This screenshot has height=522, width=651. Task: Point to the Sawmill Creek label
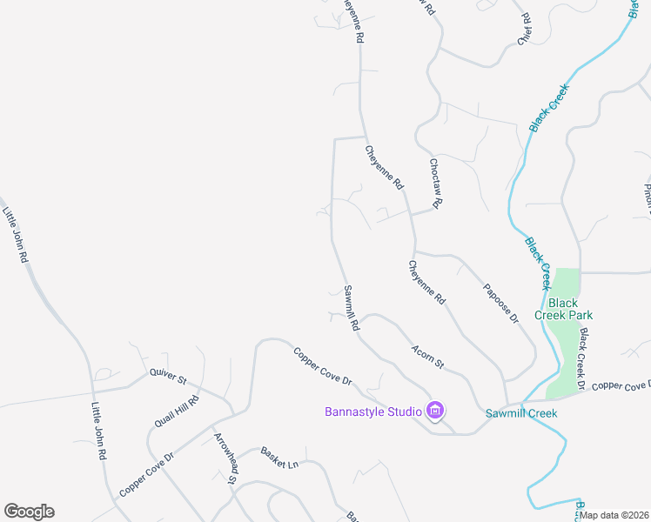520,412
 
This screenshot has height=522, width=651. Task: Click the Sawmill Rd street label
352,310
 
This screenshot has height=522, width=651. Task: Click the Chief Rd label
524,29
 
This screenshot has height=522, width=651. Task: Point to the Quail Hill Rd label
178,411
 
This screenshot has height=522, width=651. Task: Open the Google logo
29,512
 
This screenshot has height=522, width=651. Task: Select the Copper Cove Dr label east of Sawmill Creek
621,385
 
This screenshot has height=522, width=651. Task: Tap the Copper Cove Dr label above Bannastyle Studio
322,367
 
